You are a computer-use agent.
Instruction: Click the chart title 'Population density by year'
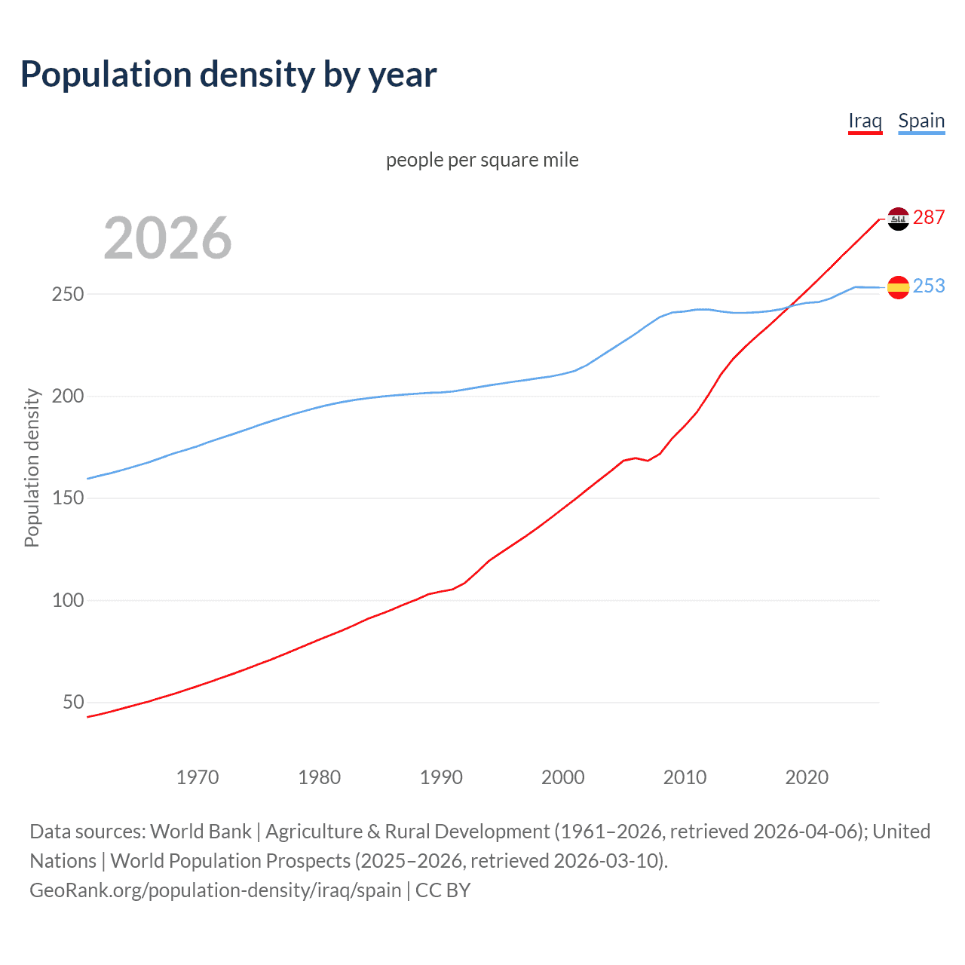228,75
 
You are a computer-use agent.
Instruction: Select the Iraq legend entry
865,121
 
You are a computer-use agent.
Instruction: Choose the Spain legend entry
921,121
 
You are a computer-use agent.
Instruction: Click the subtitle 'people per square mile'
482,160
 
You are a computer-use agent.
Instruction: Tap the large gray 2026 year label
167,238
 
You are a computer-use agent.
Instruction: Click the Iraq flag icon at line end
898,219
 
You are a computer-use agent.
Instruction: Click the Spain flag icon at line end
898,287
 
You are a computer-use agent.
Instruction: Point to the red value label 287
929,217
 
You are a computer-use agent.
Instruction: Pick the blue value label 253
929,286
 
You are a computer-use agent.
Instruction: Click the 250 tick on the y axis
68,294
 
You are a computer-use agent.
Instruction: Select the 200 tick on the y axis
68,396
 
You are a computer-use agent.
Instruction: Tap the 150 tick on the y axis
68,498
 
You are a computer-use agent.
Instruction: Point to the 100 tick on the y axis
68,600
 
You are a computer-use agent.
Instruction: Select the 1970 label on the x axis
198,777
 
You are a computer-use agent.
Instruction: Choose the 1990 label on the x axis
441,777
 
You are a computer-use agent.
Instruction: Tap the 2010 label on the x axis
685,777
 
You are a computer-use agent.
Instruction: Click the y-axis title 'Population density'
32,467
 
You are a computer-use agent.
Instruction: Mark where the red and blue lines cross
789,306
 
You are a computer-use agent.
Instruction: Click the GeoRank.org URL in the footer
215,890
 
